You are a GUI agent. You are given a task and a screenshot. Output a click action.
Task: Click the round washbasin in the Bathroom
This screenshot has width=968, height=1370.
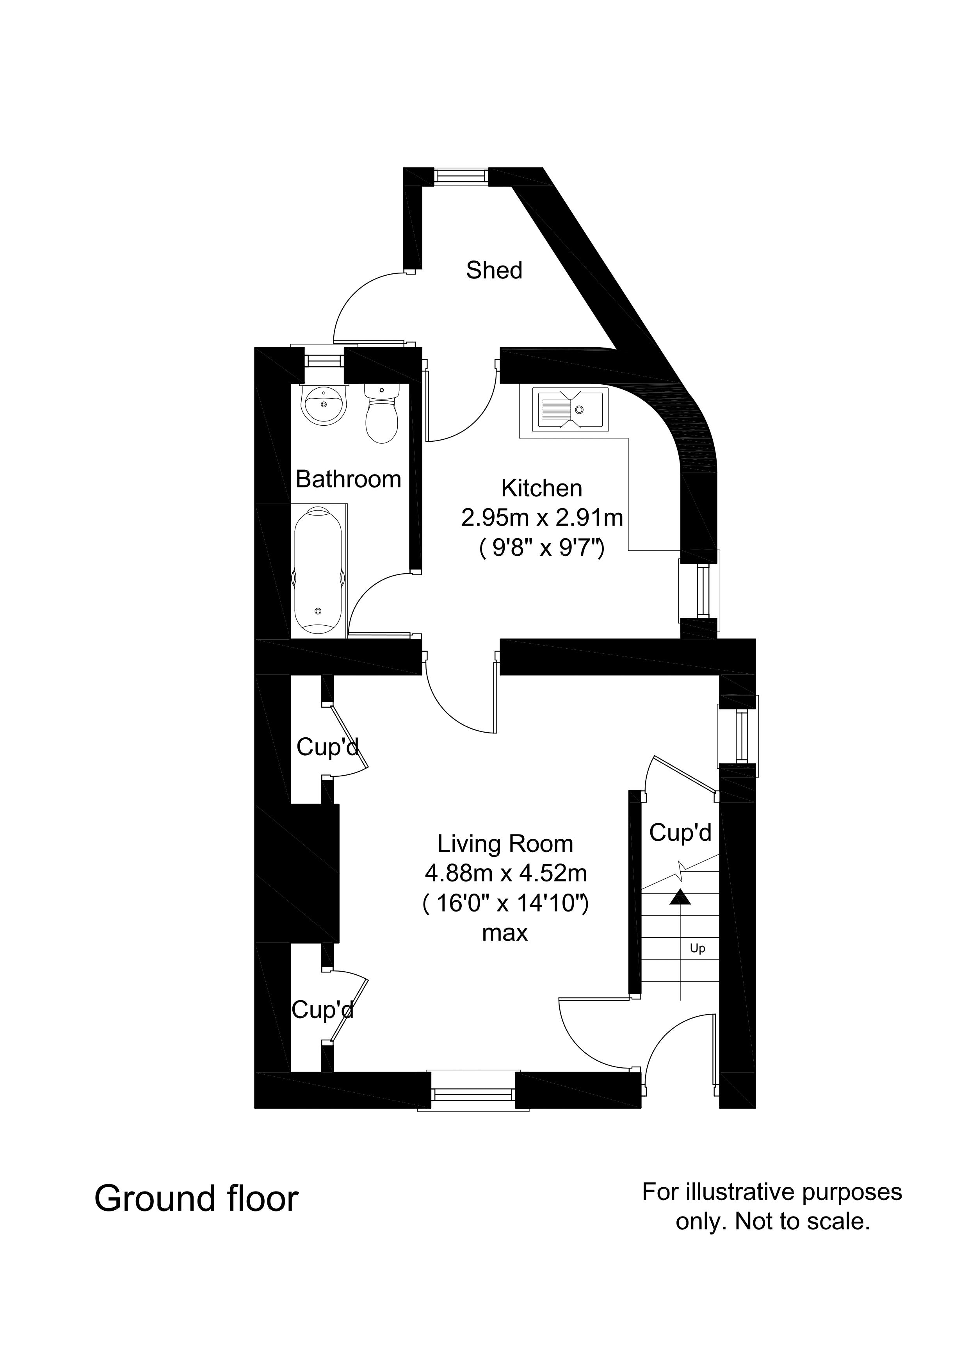[x=324, y=405]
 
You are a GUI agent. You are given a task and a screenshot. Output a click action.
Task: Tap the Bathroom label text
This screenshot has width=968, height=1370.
[x=348, y=479]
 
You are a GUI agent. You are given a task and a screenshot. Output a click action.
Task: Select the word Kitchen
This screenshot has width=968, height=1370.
[x=541, y=488]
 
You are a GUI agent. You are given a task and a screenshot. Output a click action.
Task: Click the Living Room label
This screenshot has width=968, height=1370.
[x=505, y=844]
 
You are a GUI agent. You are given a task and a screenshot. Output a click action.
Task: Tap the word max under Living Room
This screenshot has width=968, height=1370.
[x=505, y=933]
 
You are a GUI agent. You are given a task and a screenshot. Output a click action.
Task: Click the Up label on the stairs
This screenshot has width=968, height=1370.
[x=697, y=948]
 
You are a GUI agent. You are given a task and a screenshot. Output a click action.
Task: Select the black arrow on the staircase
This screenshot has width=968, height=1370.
[x=679, y=897]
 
